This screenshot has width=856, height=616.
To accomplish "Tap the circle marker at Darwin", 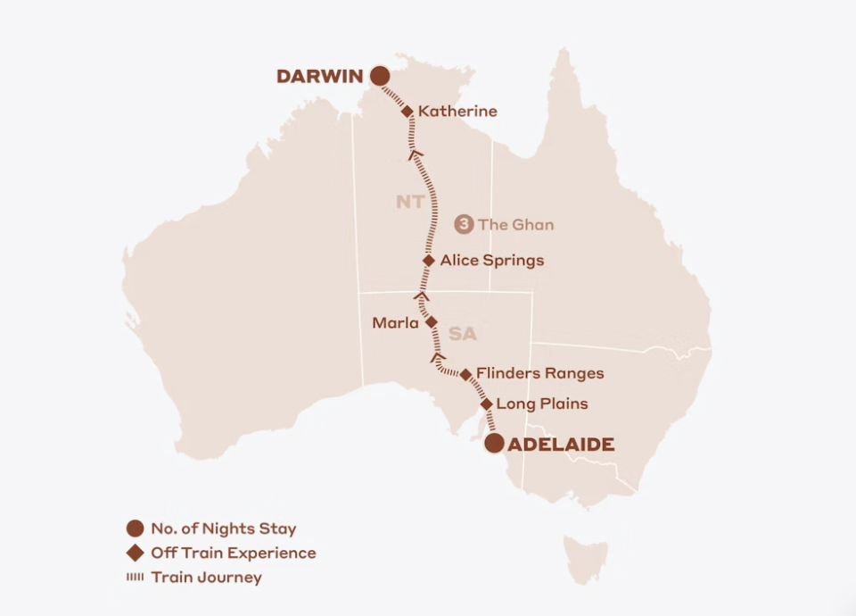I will [380, 77].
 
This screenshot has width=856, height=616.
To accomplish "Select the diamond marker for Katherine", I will [407, 112].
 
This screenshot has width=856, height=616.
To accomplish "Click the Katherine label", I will [457, 112].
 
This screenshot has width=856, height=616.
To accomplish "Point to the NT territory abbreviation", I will [410, 202].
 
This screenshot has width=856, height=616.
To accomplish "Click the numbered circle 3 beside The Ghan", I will [464, 224].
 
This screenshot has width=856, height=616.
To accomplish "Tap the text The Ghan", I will [515, 224].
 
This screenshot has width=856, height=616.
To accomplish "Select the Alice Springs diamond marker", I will [429, 261].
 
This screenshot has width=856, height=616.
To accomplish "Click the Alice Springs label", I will [492, 261].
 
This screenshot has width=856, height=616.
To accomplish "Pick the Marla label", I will [395, 323].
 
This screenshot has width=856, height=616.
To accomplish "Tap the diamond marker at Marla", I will [431, 322].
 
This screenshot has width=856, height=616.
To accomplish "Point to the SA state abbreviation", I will [463, 334].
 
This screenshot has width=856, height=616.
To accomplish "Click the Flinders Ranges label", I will [539, 373].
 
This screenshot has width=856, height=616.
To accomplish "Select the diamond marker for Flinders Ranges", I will [465, 374].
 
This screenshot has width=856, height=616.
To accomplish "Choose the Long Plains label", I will [542, 404].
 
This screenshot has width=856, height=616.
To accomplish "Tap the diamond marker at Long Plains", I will [487, 404].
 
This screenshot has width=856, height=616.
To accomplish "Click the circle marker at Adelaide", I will [494, 444].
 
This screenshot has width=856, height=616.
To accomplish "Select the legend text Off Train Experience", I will [233, 553].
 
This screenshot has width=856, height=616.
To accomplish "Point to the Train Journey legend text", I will [206, 577].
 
